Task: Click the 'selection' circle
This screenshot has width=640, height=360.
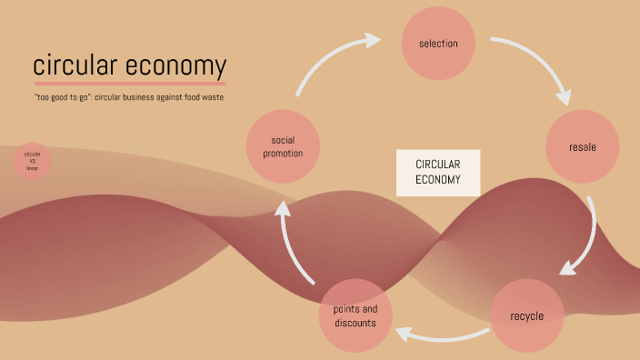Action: (438, 43)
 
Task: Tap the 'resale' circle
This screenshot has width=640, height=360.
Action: (583, 146)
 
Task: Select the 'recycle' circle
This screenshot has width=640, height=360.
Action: (527, 315)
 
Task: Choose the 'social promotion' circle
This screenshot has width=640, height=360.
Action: (282, 146)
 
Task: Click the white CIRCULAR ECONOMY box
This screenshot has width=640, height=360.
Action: (438, 173)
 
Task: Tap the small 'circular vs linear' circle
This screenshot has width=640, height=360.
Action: (33, 161)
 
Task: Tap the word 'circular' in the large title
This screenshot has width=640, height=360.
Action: (76, 66)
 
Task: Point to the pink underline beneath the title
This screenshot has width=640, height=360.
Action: (129, 84)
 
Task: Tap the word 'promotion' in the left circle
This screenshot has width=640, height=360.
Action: (282, 154)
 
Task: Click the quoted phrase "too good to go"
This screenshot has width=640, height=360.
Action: (58, 97)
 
